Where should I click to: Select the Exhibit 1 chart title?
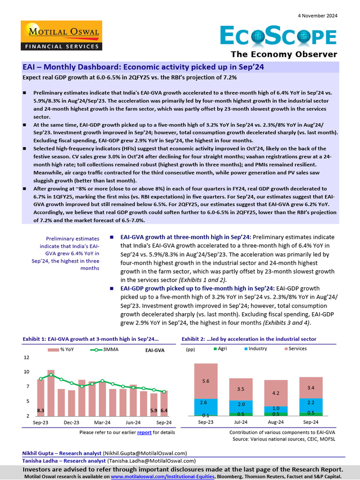click(x=90, y=339)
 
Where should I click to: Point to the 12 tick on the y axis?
click(x=26, y=357)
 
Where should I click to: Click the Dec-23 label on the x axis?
click(x=71, y=422)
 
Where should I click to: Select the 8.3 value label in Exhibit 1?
click(x=41, y=411)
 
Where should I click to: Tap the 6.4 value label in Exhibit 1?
click(x=164, y=411)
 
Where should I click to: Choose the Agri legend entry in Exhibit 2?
click(x=220, y=349)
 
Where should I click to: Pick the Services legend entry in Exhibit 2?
click(x=295, y=349)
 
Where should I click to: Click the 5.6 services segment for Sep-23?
click(x=206, y=381)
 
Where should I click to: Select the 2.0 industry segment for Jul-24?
click(x=241, y=404)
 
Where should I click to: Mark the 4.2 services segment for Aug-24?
click(x=276, y=393)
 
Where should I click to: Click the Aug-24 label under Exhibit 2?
click(x=276, y=422)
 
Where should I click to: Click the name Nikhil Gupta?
click(x=38, y=453)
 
